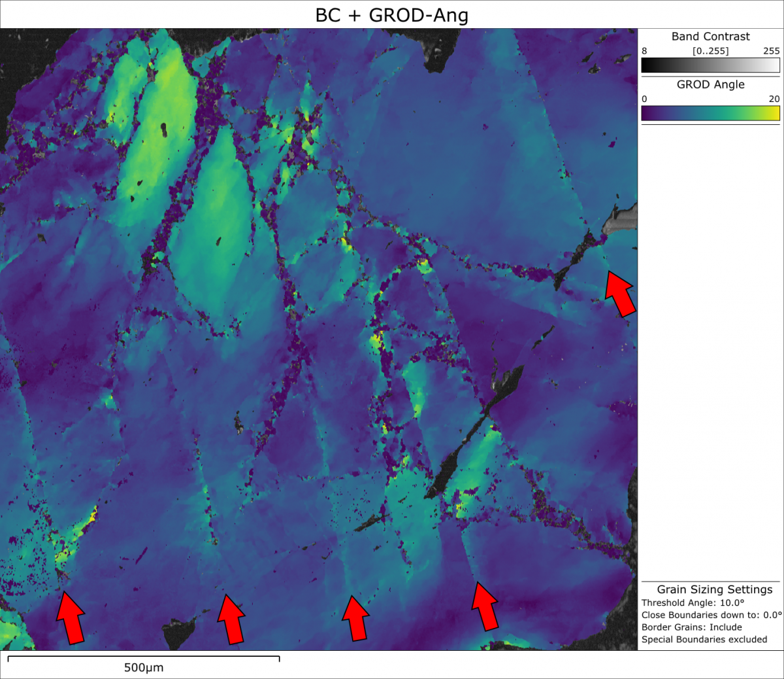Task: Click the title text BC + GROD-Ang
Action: point(391,15)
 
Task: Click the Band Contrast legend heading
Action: point(710,37)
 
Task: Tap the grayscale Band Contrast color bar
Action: point(710,65)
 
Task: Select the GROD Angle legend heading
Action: point(710,84)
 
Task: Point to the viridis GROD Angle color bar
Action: point(710,113)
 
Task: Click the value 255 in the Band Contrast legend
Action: point(771,51)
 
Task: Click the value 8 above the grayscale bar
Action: point(644,51)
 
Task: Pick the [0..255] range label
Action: point(710,51)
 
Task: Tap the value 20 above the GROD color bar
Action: point(774,99)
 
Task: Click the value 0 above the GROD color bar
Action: point(644,99)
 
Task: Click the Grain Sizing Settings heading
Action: point(714,589)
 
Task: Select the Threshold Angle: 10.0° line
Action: point(693,602)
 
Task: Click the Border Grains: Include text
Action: point(691,627)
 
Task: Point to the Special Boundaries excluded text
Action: point(704,639)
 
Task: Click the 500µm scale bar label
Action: point(144,668)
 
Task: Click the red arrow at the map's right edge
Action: point(620,294)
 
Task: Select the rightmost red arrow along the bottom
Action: point(485,606)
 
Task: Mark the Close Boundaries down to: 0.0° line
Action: point(711,615)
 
